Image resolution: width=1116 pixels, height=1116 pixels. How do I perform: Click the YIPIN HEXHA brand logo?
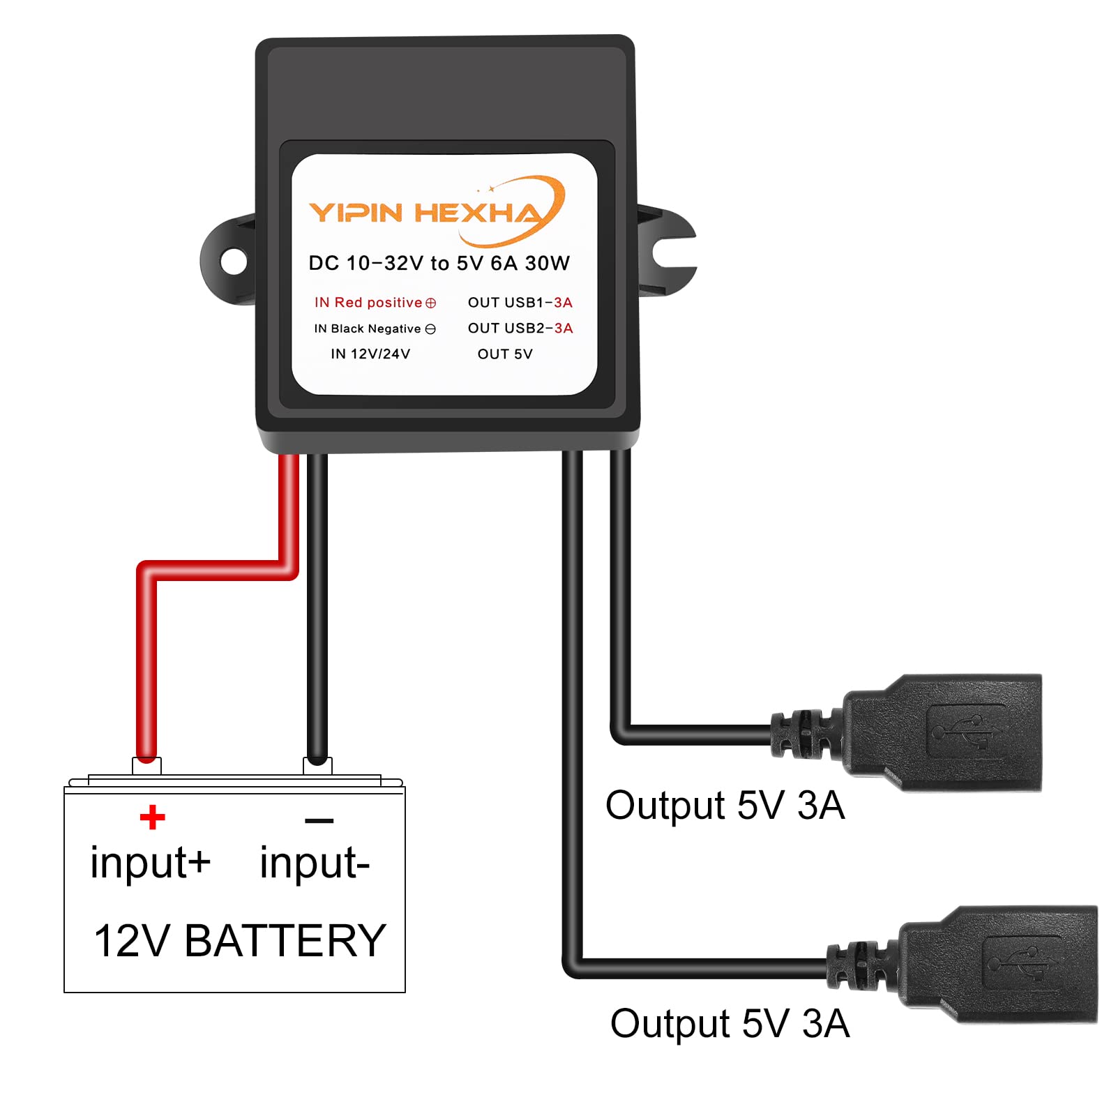tap(436, 212)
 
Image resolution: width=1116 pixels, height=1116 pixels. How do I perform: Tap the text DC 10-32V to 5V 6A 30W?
tap(439, 264)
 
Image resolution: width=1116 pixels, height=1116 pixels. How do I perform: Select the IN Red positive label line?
tap(375, 303)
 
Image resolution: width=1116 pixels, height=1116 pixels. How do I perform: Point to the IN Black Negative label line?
tap(375, 329)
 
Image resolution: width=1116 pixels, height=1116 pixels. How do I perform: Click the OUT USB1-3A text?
tap(520, 303)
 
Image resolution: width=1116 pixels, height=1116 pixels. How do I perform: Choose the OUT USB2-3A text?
tap(520, 329)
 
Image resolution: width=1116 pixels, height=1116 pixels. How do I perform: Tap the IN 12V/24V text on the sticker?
tap(370, 354)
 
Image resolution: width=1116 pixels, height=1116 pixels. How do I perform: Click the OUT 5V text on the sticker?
tap(505, 354)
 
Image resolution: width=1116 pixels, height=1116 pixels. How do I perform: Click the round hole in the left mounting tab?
tap(233, 262)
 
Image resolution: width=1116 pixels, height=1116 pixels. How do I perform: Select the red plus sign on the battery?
tap(152, 817)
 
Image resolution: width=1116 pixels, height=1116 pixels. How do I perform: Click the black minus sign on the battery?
tap(319, 820)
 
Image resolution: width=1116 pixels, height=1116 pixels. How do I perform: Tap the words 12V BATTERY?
tap(239, 941)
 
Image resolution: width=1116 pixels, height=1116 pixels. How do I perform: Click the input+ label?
tap(150, 864)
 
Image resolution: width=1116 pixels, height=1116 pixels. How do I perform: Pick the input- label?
tap(314, 864)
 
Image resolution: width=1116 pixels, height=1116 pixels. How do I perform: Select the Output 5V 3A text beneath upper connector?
tap(725, 806)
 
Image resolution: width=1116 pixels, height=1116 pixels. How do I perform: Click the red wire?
tap(146, 663)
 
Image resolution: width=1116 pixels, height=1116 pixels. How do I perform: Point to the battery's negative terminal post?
tap(317, 765)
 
